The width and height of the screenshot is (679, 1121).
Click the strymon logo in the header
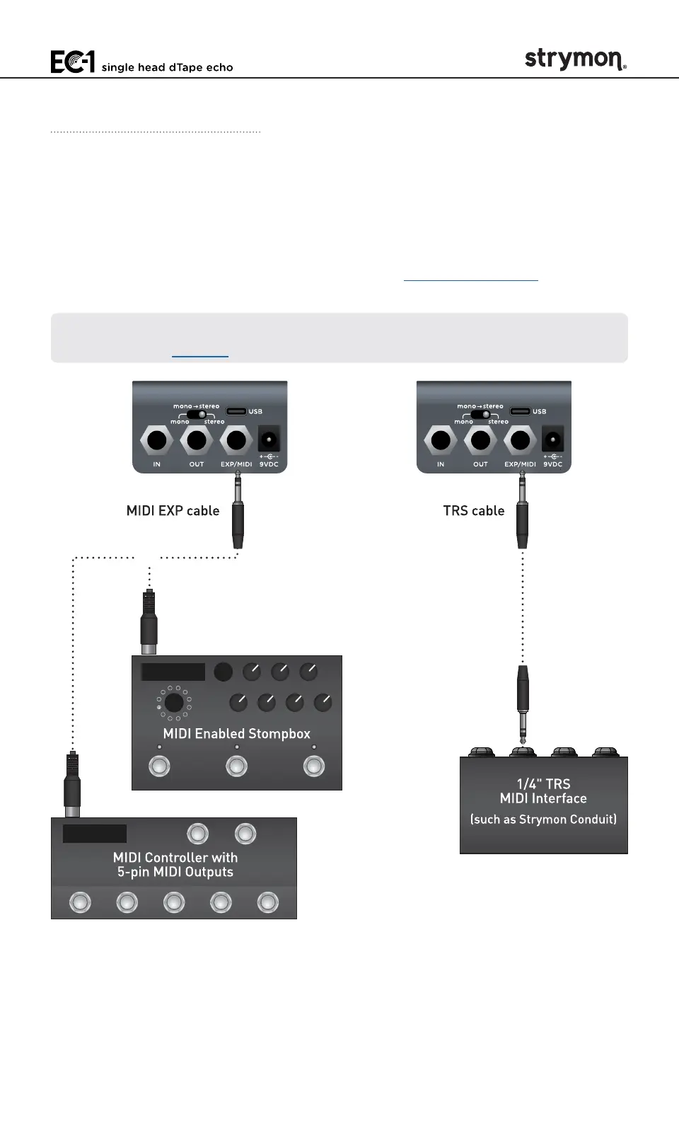pos(575,59)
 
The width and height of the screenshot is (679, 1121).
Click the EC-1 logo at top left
pos(72,62)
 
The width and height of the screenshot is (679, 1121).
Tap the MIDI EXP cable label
pos(173,511)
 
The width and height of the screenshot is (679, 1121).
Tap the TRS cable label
pos(473,511)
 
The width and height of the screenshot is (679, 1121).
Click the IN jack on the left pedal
pos(156,440)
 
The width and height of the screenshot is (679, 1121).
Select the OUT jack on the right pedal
pos(480,440)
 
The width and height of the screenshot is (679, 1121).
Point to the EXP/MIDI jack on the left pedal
pos(236,440)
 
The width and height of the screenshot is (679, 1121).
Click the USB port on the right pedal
pos(520,411)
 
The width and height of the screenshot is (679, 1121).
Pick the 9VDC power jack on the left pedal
pos(268,440)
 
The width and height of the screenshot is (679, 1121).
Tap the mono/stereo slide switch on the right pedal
pos(481,414)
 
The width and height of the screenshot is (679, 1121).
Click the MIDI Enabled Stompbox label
pos(236,734)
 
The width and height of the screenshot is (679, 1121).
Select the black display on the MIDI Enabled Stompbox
pos(173,672)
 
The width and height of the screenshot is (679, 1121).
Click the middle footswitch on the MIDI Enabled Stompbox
pos(236,766)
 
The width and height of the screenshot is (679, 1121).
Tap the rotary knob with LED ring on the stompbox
pos(173,703)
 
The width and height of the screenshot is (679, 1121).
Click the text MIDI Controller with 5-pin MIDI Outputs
pos(175,865)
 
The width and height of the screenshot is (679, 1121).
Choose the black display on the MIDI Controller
pos(95,834)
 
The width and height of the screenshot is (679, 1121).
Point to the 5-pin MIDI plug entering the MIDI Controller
pos(71,786)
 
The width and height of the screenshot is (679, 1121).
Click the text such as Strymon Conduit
pos(543,820)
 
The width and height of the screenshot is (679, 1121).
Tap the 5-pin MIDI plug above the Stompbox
pos(149,623)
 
